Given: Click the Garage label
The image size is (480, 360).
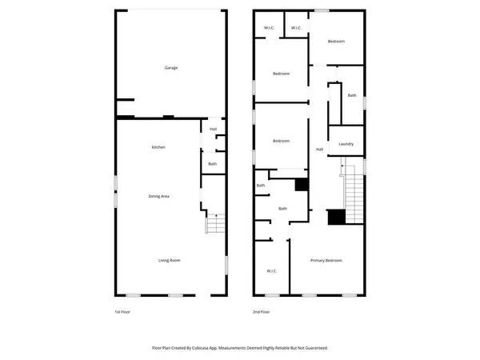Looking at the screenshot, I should point(171,68).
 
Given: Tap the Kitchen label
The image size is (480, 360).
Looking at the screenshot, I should point(158,147).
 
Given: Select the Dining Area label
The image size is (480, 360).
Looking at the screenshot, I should point(158,196).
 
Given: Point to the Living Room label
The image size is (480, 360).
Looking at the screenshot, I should point(168,260).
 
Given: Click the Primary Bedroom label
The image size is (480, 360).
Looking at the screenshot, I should point(326,261).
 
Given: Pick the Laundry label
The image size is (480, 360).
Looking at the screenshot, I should point(346,144).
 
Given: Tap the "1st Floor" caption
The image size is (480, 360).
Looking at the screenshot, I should point(123,312).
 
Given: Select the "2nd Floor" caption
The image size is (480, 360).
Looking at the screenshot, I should point(261,312).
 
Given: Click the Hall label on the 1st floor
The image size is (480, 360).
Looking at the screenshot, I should point(213,129).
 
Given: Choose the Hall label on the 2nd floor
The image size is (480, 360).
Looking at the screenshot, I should point(319,150).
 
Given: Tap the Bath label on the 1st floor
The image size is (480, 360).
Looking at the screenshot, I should point(212,164).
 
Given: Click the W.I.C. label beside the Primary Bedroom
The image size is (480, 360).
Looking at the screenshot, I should point(271,271).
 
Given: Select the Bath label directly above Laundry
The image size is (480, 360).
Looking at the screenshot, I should point(352,96).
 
